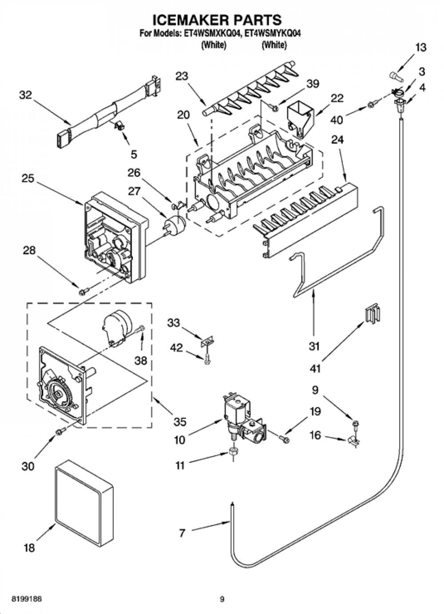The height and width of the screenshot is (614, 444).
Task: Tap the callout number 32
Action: [x=25, y=96]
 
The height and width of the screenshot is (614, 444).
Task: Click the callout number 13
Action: [x=421, y=48]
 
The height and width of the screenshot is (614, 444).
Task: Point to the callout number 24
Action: [x=337, y=140]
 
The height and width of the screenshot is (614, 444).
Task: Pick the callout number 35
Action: [x=180, y=422]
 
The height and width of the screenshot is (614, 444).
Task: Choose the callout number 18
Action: [x=29, y=548]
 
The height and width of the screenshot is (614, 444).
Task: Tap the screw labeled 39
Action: [x=274, y=108]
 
